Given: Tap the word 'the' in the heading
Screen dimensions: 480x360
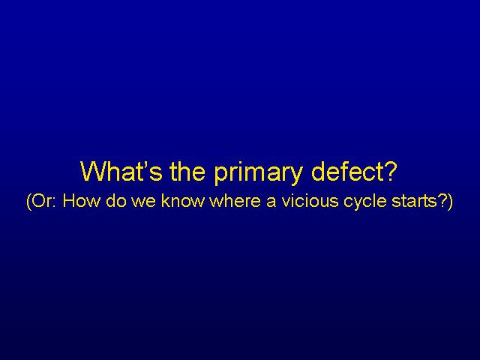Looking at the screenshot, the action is click(187, 171).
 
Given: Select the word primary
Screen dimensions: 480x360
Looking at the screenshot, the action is click(258, 173).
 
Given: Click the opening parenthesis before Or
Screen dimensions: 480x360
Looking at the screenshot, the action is click(28, 201).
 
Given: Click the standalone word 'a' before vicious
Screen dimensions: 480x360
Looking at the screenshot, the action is click(271, 202).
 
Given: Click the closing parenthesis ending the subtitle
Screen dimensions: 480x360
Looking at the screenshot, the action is click(449, 201).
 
